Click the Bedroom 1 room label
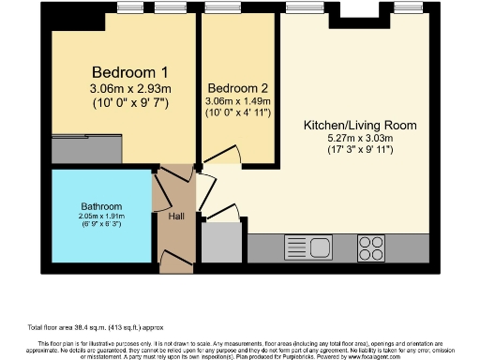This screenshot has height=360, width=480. (x=129, y=71)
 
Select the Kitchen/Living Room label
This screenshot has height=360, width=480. (x=359, y=125)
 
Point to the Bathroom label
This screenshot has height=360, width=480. (x=101, y=206)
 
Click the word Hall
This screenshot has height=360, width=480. (x=176, y=217)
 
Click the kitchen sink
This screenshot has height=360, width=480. (x=308, y=248)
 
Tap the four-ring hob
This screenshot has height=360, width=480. (x=371, y=248)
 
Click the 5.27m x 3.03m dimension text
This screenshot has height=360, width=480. (x=360, y=138)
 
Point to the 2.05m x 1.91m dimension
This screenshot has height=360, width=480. (x=101, y=217)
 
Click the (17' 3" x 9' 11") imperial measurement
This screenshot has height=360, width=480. (x=360, y=150)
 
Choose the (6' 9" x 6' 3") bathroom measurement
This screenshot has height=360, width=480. (x=101, y=225)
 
